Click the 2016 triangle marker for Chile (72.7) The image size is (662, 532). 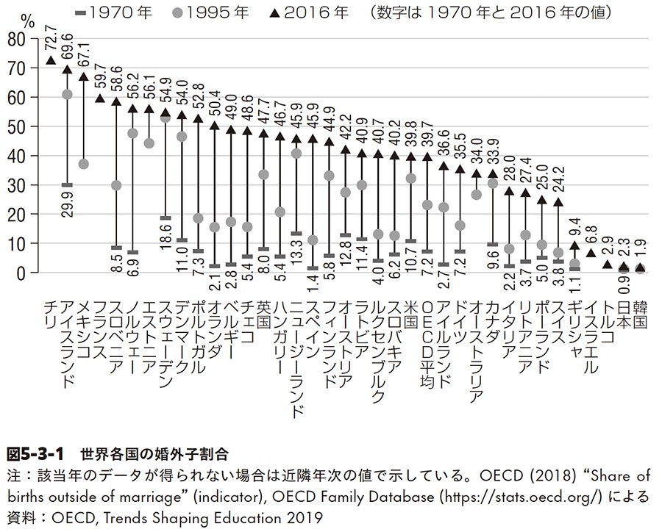[51, 60]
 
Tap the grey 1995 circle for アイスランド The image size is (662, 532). [67, 95]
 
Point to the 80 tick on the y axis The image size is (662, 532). [24, 39]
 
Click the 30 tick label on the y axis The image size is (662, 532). [24, 184]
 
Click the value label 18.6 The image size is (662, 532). [165, 240]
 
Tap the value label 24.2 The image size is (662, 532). [558, 179]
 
